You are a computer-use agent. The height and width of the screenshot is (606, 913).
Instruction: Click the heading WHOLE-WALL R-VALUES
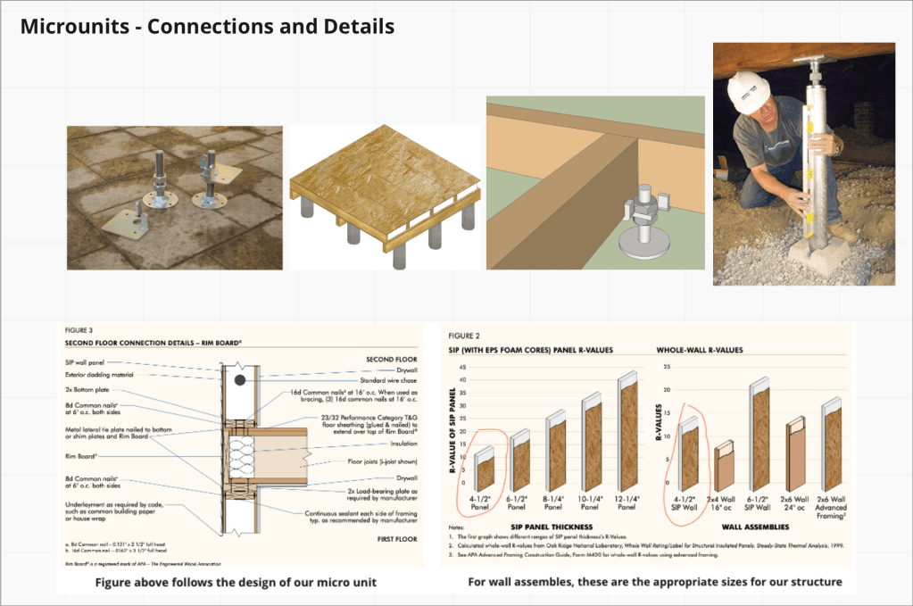coord(699,350)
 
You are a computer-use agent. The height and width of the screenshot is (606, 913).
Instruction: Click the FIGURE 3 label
coord(79,331)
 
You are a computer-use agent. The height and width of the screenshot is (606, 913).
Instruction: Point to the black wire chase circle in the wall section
coord(240,382)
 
